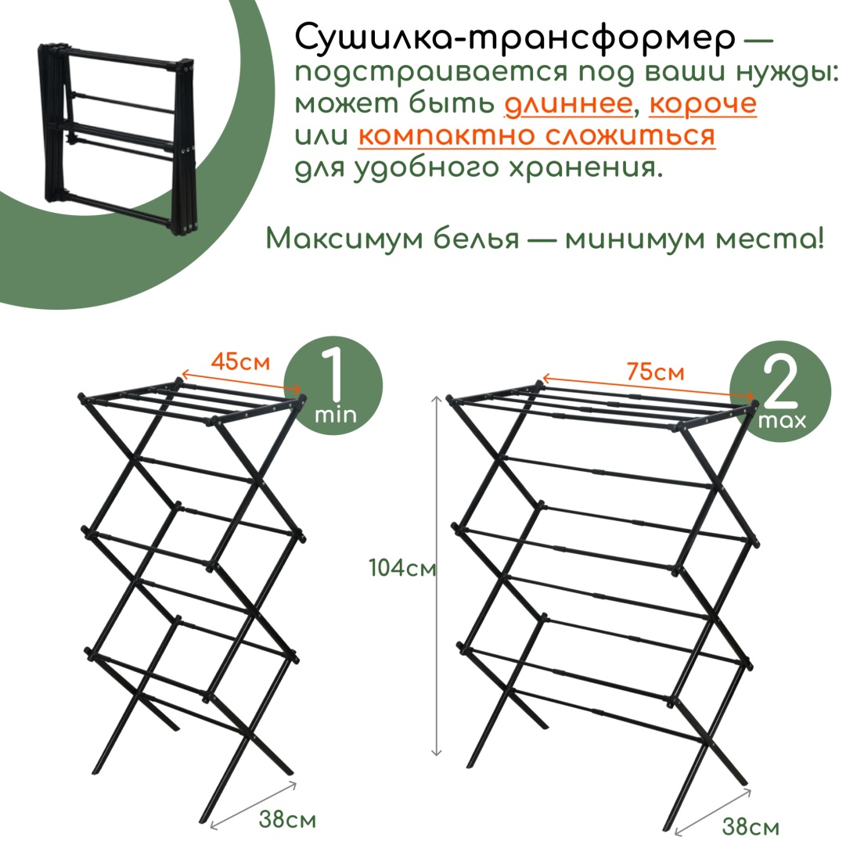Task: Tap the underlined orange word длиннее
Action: tap(568, 103)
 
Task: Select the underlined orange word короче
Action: tap(703, 105)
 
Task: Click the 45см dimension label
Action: tap(240, 361)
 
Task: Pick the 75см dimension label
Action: tap(655, 372)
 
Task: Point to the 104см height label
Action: tap(402, 567)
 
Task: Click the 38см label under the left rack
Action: tap(287, 819)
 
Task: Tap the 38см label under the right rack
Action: tap(751, 826)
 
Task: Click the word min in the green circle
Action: tap(336, 415)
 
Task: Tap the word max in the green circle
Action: tap(782, 420)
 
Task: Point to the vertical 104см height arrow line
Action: tap(437, 575)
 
